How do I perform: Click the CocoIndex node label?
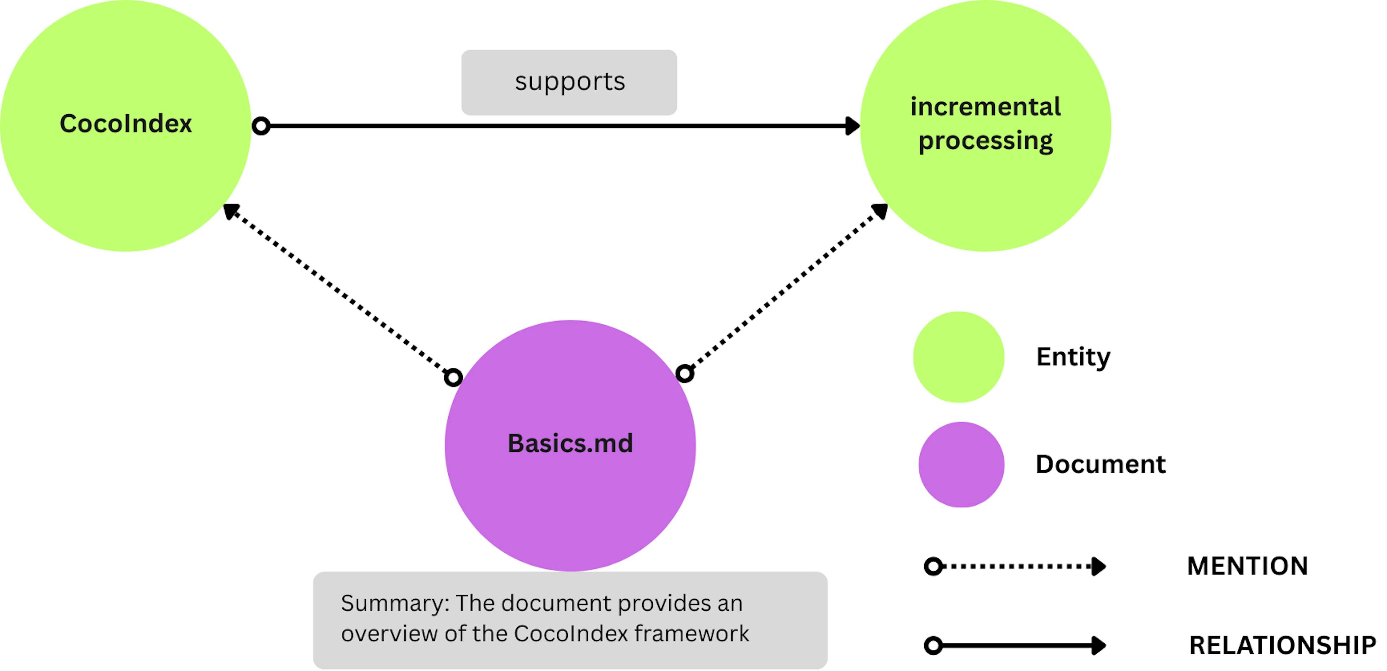point(125,124)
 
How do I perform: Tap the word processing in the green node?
point(985,141)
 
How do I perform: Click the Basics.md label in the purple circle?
point(570,443)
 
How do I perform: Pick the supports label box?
point(569,82)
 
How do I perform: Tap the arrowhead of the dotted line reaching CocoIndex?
point(230,211)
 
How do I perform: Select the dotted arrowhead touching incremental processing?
point(880,211)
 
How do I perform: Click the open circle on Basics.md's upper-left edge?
point(453,378)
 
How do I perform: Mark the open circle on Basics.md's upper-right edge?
point(684,373)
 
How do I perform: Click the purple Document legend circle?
point(961,464)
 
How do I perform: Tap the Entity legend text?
point(1073,357)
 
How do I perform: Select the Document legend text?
point(1100,464)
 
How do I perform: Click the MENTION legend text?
point(1247,566)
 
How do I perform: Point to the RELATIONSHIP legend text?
point(1282,645)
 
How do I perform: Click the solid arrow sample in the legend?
point(1015,645)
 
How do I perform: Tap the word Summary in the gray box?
point(395,603)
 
